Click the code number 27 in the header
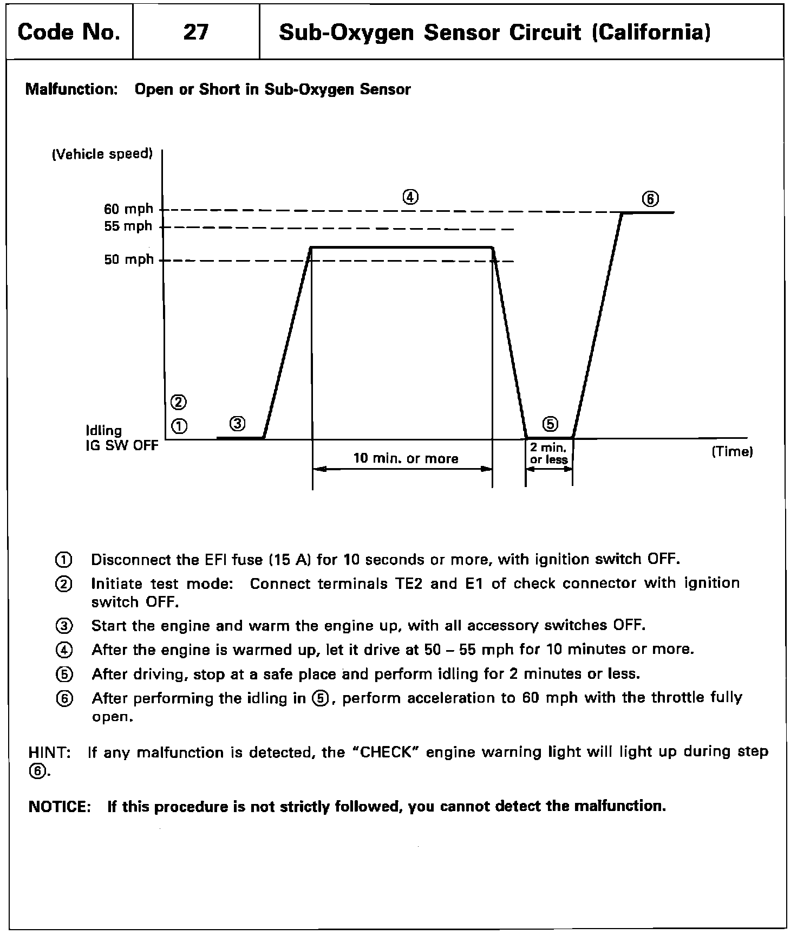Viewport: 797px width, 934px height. (195, 33)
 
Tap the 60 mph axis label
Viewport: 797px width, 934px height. (128, 209)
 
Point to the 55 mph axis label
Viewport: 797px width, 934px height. (128, 226)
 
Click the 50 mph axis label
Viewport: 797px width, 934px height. (129, 260)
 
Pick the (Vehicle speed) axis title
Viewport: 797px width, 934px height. (102, 154)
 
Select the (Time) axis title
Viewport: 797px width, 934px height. (732, 451)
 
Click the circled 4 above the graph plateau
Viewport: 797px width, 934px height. (410, 197)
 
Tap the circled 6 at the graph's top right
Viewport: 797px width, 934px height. (650, 199)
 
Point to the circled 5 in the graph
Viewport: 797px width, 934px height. (550, 424)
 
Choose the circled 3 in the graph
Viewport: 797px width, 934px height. (237, 423)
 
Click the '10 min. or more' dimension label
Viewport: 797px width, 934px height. (406, 458)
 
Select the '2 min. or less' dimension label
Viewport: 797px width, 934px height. (548, 454)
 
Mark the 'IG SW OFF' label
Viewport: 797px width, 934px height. (122, 445)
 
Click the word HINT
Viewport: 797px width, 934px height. (49, 753)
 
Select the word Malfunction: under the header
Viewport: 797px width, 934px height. (71, 89)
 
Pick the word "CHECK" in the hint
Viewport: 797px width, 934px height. (387, 753)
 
